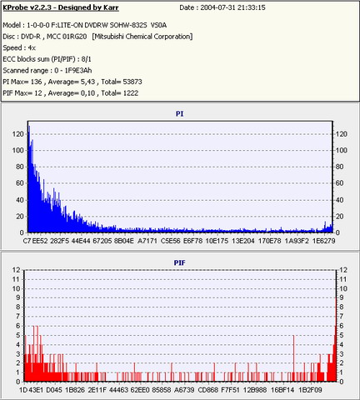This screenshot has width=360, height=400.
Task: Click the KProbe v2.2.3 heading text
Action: click(x=61, y=7)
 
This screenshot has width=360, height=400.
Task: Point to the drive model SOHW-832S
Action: click(x=128, y=25)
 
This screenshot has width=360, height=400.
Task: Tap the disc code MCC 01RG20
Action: click(x=67, y=37)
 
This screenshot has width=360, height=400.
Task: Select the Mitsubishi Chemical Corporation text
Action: click(x=142, y=37)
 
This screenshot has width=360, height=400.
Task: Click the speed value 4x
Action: click(x=32, y=47)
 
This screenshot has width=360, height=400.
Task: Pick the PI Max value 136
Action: click(x=36, y=82)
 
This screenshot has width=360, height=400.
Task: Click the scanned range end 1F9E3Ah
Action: click(x=78, y=71)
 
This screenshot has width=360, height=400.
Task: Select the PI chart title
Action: click(x=179, y=113)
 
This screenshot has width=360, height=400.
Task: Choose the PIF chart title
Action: click(x=179, y=262)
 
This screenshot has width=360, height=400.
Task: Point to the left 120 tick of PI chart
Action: click(x=18, y=134)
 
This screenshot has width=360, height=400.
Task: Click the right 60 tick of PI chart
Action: click(x=340, y=183)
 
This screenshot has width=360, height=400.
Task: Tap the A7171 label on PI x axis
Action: click(x=147, y=241)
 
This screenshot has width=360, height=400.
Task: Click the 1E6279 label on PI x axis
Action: click(x=323, y=241)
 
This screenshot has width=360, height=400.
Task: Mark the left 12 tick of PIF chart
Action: click(x=17, y=270)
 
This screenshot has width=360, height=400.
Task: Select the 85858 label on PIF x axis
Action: click(x=162, y=390)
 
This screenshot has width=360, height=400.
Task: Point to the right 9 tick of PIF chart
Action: click(x=342, y=297)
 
